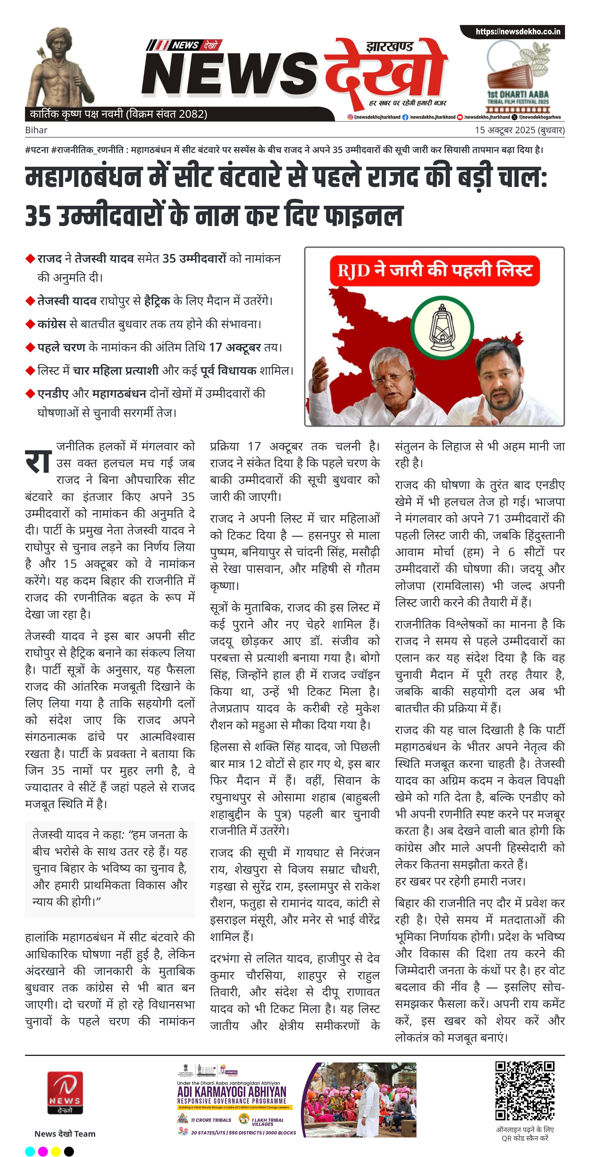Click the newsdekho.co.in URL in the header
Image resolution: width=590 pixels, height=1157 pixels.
click(x=518, y=31)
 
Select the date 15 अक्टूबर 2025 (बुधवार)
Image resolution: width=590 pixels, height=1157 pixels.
click(x=519, y=130)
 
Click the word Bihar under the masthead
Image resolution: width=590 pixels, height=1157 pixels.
click(x=36, y=130)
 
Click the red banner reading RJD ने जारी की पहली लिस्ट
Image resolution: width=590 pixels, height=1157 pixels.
click(x=434, y=270)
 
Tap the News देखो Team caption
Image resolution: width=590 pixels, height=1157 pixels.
click(x=65, y=1134)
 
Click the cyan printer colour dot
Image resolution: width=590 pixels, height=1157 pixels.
click(x=30, y=1151)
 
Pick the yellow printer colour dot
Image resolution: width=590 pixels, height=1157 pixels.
click(x=56, y=1151)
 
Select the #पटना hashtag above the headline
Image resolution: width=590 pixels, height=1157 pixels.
click(x=37, y=150)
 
